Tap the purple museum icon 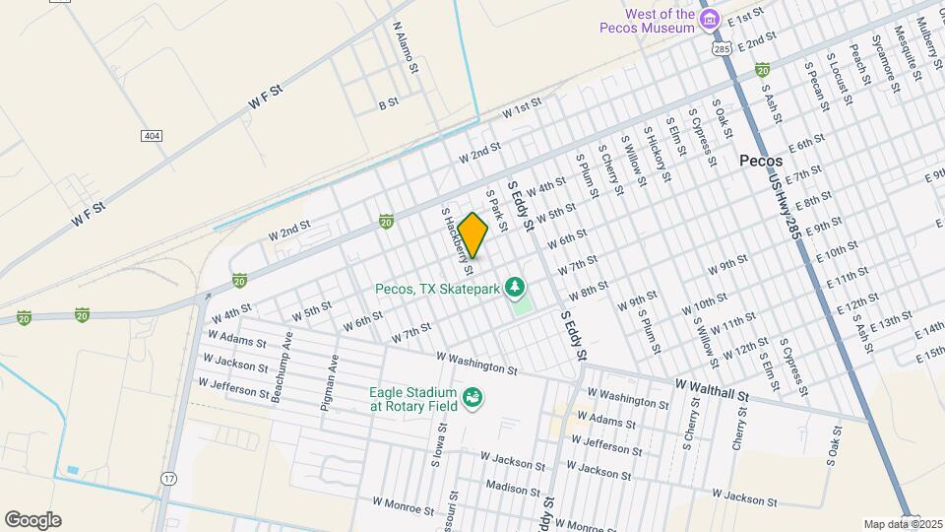708,19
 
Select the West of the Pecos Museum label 647,21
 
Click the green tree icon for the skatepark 514,288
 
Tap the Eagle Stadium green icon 472,398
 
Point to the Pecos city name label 761,161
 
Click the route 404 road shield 151,135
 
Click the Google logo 32,520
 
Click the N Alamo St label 406,48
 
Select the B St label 388,102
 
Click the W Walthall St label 713,388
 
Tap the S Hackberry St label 458,239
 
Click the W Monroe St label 403,505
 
